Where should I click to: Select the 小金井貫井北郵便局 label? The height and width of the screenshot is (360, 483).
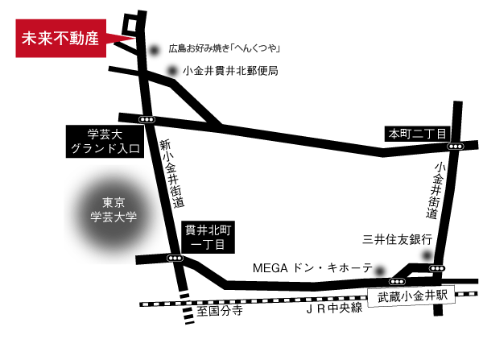tap(230, 71)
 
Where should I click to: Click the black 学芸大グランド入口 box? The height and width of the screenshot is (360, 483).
tap(104, 142)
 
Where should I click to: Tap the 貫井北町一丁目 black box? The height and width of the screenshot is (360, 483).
tap(208, 239)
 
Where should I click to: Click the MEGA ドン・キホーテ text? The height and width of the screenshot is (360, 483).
tap(312, 267)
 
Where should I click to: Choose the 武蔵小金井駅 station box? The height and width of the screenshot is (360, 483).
tap(411, 296)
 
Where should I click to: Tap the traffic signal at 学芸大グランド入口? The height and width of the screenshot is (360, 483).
tap(147, 119)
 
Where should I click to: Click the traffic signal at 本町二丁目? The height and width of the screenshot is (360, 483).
tap(456, 147)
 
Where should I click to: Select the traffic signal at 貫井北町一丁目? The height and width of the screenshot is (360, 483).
tap(175, 258)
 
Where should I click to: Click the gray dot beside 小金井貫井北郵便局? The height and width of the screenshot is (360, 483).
tap(171, 71)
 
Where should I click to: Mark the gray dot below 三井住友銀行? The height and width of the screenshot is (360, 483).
tap(426, 255)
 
